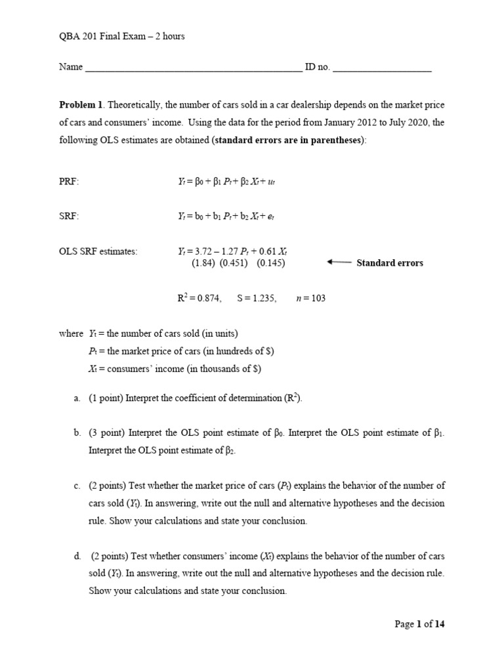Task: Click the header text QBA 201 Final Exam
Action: [x=105, y=36]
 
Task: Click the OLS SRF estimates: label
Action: [x=98, y=251]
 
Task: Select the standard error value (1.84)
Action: [x=204, y=263]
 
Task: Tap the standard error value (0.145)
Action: [x=270, y=263]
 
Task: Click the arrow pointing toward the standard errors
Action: [x=339, y=262]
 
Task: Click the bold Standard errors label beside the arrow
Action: [x=390, y=263]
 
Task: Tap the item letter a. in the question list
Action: [x=77, y=398]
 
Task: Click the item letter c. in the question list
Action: [x=77, y=486]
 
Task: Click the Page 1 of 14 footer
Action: [x=419, y=624]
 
